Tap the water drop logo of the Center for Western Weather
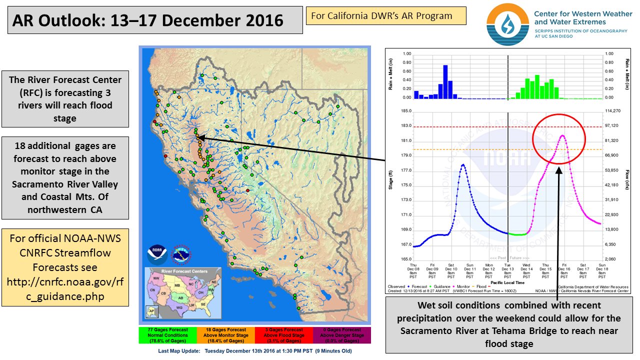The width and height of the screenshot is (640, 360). [x=506, y=23]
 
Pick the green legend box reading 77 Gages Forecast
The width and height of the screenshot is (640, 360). [x=168, y=335]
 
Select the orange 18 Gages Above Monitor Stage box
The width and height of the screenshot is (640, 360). [x=226, y=335]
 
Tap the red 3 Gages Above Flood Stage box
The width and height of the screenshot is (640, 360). [x=284, y=335]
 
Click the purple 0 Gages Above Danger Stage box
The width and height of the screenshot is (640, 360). [x=342, y=335]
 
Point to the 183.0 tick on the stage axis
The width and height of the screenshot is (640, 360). [x=405, y=126]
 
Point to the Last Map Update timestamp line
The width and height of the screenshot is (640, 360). [x=254, y=351]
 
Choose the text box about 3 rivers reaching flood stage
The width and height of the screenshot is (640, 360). [x=65, y=99]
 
